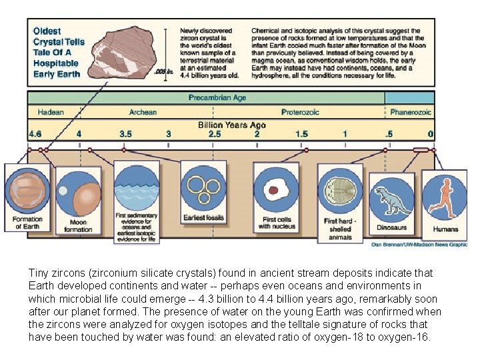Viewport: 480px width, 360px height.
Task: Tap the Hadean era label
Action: point(51,112)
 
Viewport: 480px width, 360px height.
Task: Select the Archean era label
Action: point(143,112)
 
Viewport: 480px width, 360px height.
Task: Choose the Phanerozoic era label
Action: point(411,112)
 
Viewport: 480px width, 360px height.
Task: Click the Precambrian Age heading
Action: point(217,98)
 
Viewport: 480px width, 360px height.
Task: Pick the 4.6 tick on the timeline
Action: point(35,134)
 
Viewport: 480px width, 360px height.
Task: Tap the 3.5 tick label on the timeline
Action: point(125,134)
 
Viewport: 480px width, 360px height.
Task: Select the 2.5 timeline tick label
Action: point(215,134)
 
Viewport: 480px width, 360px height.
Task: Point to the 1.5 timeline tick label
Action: point(302,134)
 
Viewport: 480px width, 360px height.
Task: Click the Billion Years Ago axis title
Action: point(232,125)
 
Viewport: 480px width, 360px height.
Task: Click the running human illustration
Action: point(444,197)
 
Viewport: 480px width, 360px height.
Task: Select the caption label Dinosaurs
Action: point(391,228)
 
